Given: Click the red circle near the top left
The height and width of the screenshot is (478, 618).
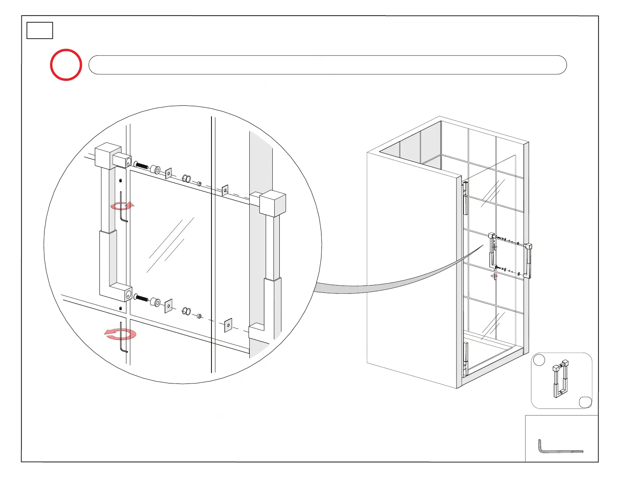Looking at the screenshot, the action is [x=66, y=65].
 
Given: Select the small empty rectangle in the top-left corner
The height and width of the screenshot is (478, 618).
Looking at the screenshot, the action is [x=40, y=30].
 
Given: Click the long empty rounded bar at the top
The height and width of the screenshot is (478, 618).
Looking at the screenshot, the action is [x=327, y=65].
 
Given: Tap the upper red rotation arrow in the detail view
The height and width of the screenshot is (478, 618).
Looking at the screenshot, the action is [x=122, y=206].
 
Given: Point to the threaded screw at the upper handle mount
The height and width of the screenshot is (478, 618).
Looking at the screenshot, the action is [x=141, y=165].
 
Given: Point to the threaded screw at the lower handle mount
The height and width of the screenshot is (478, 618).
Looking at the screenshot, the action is [x=141, y=298].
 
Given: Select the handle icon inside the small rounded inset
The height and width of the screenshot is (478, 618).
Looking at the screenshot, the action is [x=561, y=378].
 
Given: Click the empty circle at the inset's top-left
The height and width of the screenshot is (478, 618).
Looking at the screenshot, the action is [x=539, y=360].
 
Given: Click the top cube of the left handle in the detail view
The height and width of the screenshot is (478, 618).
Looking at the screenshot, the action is [x=108, y=155].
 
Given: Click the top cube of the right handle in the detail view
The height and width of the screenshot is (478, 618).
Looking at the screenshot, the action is [x=272, y=203].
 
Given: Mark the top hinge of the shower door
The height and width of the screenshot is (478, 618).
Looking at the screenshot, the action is [x=465, y=198].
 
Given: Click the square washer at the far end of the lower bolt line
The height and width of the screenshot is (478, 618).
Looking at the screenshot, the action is [x=228, y=325].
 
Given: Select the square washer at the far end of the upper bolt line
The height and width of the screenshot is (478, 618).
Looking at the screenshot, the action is [x=225, y=190].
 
